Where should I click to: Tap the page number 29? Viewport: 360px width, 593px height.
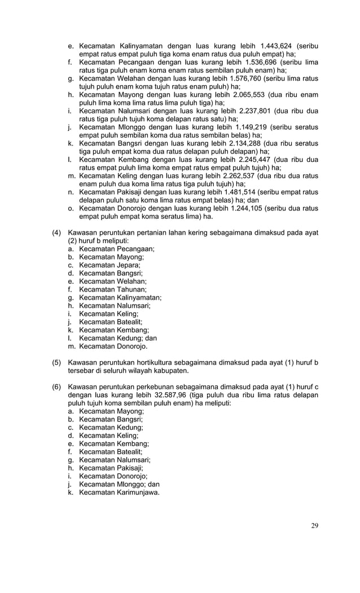pyautogui.click(x=314, y=526)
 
